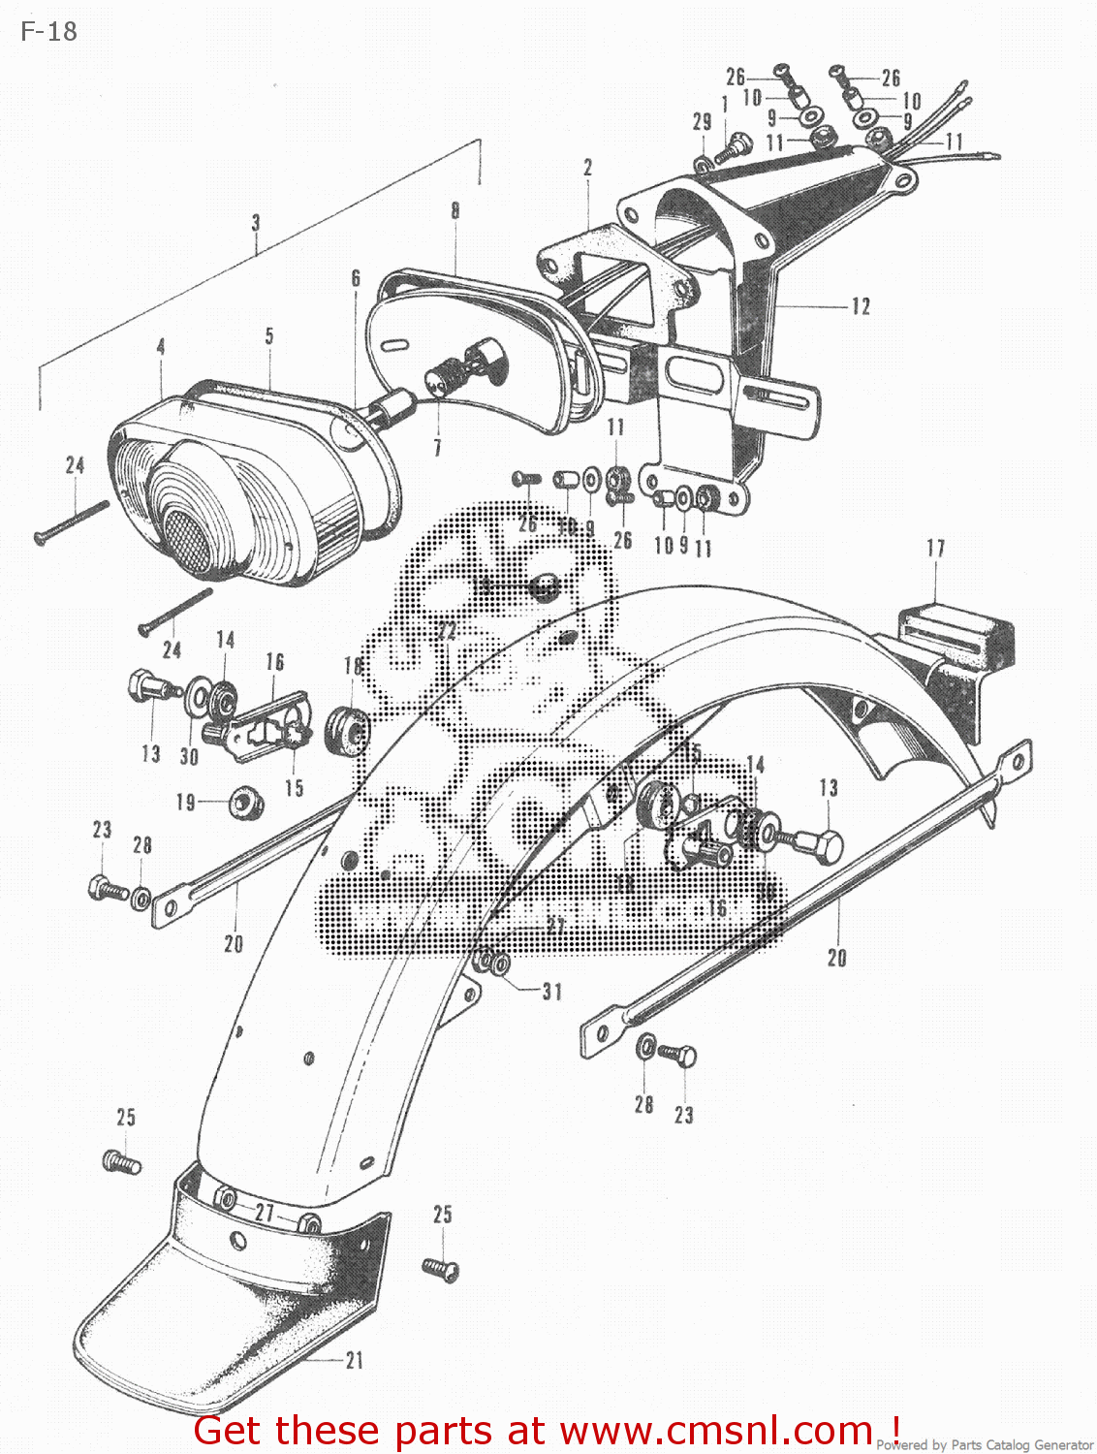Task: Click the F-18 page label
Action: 48,31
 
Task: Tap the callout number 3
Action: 256,222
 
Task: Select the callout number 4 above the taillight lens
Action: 161,346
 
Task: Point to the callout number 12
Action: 861,306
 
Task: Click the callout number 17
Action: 935,549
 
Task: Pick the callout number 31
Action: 551,991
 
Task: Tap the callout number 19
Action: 185,802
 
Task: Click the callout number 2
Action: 588,167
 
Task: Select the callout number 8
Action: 454,209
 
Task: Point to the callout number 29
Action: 702,121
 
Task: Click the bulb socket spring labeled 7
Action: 444,374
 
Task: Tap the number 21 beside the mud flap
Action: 355,1360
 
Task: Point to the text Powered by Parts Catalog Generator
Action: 985,1444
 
